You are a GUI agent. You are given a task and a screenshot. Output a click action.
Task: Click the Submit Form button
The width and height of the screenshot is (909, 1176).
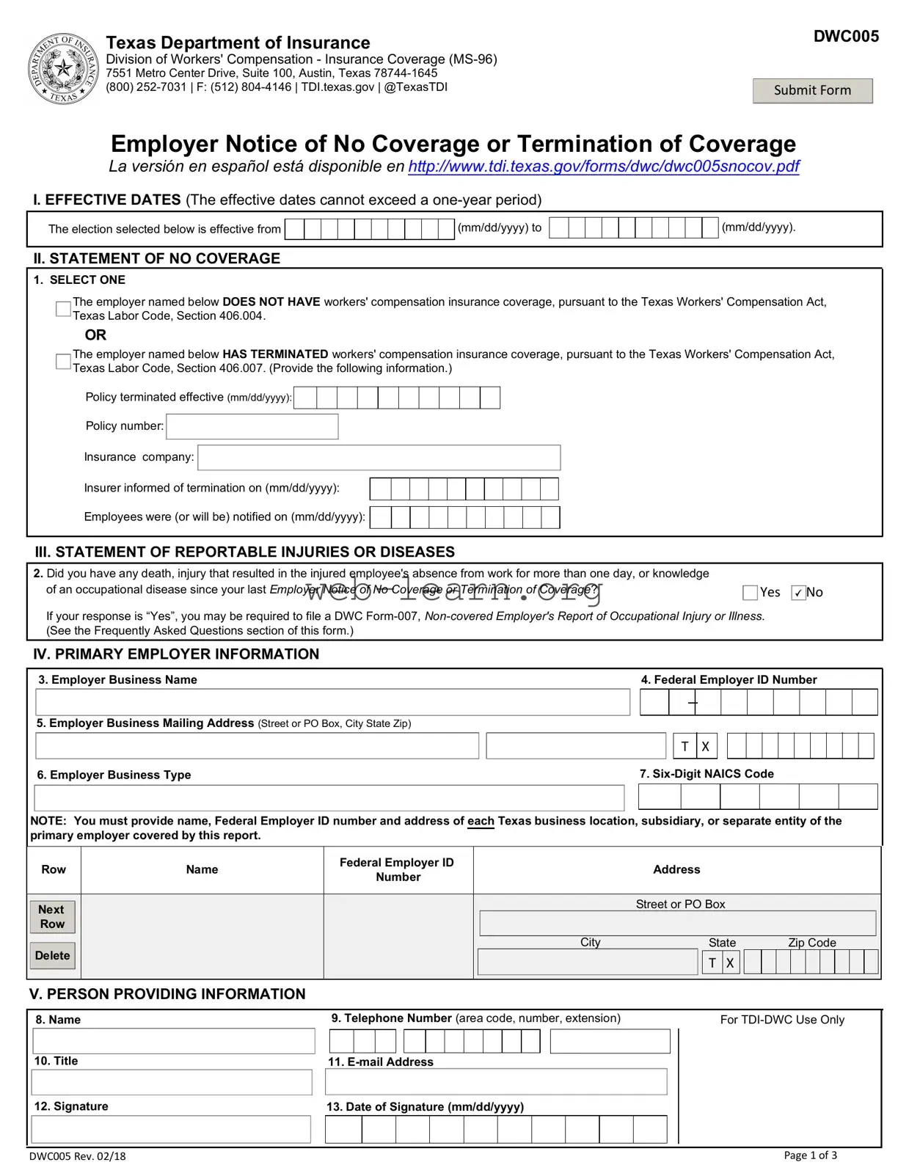point(812,91)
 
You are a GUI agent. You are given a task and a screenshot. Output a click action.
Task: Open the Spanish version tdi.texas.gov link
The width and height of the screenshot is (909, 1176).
point(603,167)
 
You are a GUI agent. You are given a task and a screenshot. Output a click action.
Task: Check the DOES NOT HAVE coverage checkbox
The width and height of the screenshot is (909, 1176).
point(64,309)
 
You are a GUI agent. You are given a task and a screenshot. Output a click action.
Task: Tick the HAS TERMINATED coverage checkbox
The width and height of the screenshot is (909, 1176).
point(64,361)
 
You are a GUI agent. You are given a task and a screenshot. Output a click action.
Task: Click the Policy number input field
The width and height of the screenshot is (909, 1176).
point(252,426)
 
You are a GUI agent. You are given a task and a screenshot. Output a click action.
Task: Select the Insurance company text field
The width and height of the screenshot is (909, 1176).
point(379,457)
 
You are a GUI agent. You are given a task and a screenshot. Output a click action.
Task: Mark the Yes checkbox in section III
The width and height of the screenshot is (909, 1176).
point(750,593)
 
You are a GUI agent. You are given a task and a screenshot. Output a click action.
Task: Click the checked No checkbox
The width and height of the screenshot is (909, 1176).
point(798,593)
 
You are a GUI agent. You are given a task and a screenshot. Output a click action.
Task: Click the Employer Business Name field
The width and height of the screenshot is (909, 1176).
point(332,702)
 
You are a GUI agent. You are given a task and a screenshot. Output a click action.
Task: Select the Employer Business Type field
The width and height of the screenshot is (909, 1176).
point(329,797)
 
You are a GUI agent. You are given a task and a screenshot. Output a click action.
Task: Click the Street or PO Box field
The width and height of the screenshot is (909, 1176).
point(677,923)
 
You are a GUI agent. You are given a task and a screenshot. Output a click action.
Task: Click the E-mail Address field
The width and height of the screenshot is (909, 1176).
point(496,1081)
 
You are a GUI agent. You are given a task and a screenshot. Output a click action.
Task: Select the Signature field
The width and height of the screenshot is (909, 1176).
point(171,1129)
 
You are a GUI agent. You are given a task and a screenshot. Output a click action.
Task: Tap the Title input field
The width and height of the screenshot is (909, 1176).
point(172,1082)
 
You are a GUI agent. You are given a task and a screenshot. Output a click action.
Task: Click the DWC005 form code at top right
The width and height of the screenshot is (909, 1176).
point(845,37)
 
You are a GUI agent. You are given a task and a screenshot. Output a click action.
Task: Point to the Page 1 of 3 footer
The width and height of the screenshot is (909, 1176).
point(810,1155)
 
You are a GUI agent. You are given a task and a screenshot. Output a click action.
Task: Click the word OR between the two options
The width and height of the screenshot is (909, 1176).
point(95,335)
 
